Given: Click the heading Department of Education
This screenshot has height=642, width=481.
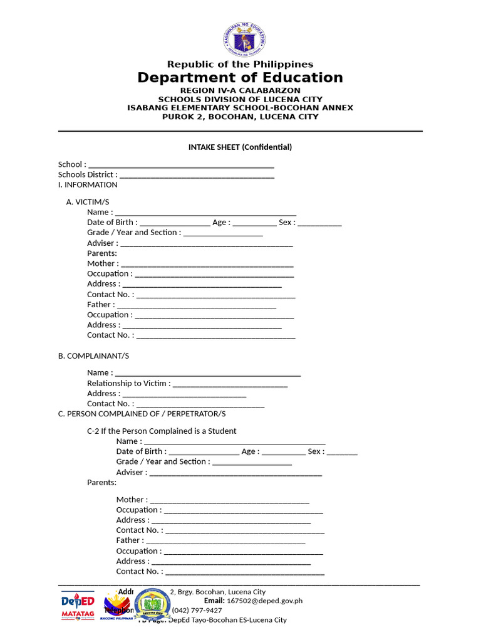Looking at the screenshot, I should (240, 78).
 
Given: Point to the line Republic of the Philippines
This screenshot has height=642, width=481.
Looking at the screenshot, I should (240, 64).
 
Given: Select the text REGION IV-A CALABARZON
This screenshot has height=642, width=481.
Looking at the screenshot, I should (240, 90).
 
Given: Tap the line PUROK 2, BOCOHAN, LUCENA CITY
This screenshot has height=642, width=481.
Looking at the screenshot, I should (240, 117).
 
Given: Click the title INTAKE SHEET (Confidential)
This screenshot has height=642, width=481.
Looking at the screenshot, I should (240, 147).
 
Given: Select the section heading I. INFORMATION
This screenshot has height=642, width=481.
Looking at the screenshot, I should (88, 185).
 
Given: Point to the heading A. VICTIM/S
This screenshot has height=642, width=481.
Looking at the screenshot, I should (88, 202).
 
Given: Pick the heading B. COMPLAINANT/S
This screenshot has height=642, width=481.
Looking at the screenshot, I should (93, 356).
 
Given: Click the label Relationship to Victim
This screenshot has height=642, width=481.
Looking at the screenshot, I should (127, 383).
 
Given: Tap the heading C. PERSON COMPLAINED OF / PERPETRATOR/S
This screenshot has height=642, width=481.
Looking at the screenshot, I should (142, 414).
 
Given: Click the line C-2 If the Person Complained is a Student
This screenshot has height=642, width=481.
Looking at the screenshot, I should (162, 431).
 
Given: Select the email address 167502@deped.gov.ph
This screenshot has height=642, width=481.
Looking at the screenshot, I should (264, 601).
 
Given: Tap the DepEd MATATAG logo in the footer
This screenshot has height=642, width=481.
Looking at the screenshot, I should (77, 606).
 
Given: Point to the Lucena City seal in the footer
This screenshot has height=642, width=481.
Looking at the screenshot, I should (152, 605).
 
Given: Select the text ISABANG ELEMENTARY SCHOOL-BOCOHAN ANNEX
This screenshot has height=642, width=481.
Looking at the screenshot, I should (240, 108).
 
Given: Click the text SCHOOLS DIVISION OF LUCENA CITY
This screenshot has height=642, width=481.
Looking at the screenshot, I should (240, 99).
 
